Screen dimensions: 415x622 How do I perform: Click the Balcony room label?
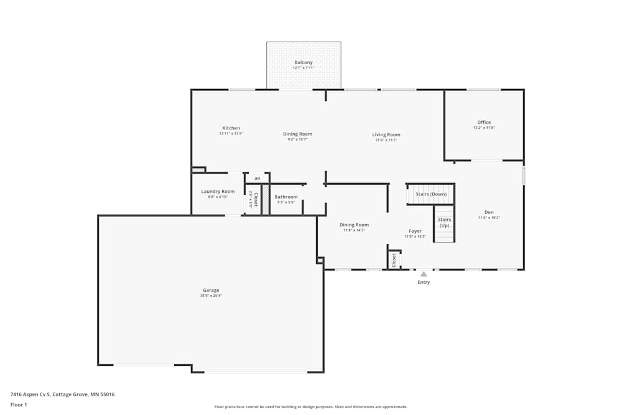click(304, 62)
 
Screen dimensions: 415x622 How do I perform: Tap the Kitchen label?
click(231, 128)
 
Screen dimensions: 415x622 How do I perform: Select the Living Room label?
click(386, 134)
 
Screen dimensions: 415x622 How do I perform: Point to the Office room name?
click(484, 122)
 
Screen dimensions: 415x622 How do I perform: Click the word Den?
click(489, 212)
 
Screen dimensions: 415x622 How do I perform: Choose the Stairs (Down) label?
click(431, 194)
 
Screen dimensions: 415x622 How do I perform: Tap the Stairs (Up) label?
click(444, 222)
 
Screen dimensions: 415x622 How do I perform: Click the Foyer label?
click(415, 231)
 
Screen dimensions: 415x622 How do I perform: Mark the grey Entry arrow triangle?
click(424, 274)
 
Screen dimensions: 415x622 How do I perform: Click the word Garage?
click(211, 290)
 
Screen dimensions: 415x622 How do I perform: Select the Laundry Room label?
click(218, 191)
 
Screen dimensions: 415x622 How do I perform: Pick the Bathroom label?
click(286, 197)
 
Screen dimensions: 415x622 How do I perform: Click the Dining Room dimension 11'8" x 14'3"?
click(354, 230)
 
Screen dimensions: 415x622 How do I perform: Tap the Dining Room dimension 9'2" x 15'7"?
click(297, 139)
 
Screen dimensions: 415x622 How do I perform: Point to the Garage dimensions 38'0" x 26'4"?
click(211, 296)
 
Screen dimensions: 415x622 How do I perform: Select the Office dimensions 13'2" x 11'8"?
click(484, 128)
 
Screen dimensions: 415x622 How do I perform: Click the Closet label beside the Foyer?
click(394, 259)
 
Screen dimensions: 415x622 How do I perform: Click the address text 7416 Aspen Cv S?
click(30, 394)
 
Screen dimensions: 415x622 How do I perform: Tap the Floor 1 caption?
click(19, 404)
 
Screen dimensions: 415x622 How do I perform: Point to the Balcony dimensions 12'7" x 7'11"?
click(304, 68)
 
